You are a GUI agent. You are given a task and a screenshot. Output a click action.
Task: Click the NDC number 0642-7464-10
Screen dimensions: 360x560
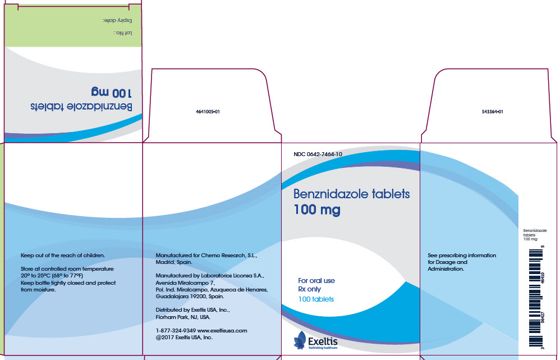pyautogui.click(x=318, y=154)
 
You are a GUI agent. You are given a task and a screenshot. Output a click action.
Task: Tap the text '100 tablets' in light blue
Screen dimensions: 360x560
pyautogui.click(x=316, y=299)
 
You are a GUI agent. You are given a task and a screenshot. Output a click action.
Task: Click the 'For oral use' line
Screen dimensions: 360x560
pyautogui.click(x=316, y=280)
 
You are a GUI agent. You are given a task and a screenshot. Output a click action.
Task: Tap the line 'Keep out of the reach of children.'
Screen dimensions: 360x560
pyautogui.click(x=62, y=256)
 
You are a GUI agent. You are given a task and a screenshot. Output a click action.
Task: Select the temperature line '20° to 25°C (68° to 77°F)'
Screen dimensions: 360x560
pyautogui.click(x=56, y=276)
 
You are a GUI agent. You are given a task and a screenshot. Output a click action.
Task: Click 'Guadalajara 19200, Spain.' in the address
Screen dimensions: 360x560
pyautogui.click(x=190, y=296)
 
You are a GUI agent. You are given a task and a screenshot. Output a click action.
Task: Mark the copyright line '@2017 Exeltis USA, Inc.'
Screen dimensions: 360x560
pyautogui.click(x=183, y=338)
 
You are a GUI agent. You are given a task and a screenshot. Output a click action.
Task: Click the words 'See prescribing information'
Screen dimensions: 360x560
pyautogui.click(x=462, y=256)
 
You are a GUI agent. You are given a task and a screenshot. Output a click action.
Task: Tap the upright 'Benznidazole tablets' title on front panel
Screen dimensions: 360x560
pyautogui.click(x=352, y=195)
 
